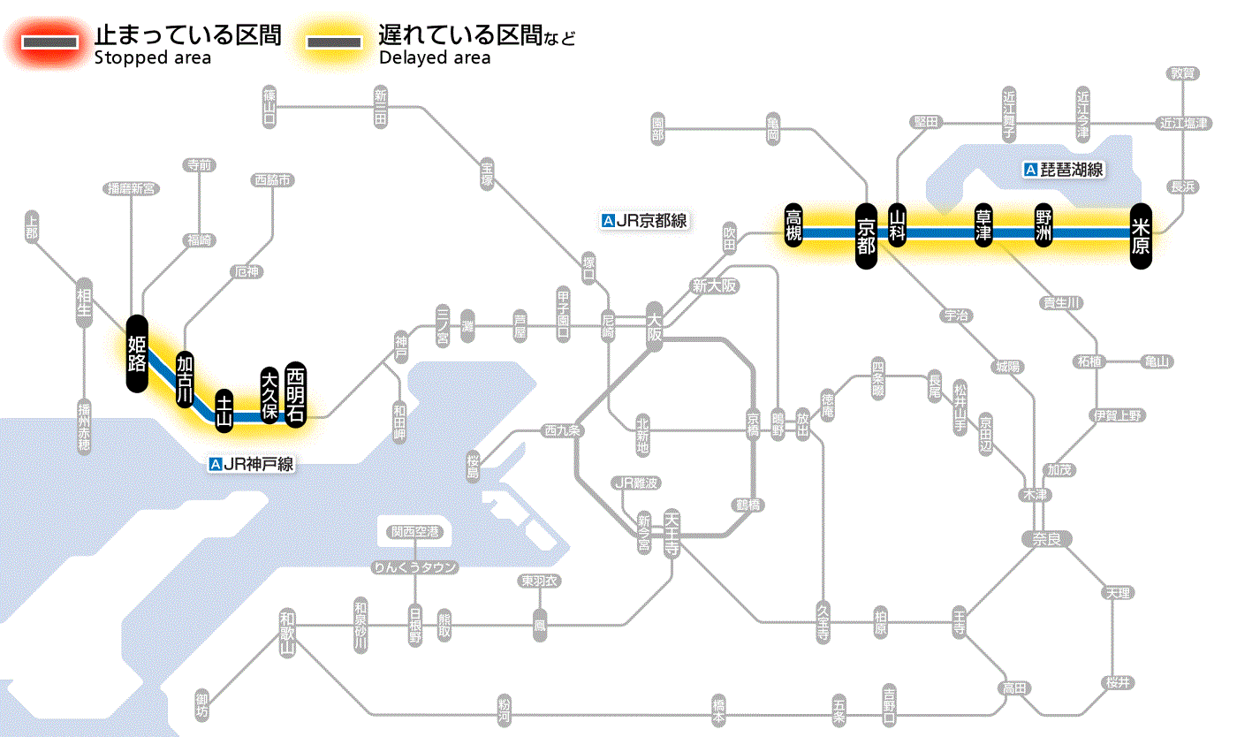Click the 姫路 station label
(x=137, y=353)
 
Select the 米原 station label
(x=1141, y=235)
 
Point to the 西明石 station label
(x=296, y=394)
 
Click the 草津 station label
(x=983, y=225)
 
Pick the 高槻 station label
(x=794, y=225)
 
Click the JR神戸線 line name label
(x=251, y=463)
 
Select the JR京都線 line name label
(x=644, y=221)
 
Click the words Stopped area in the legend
(x=152, y=58)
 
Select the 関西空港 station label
(x=415, y=532)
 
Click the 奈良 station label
(x=1045, y=538)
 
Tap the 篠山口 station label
(x=269, y=104)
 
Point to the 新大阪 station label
(x=714, y=286)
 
